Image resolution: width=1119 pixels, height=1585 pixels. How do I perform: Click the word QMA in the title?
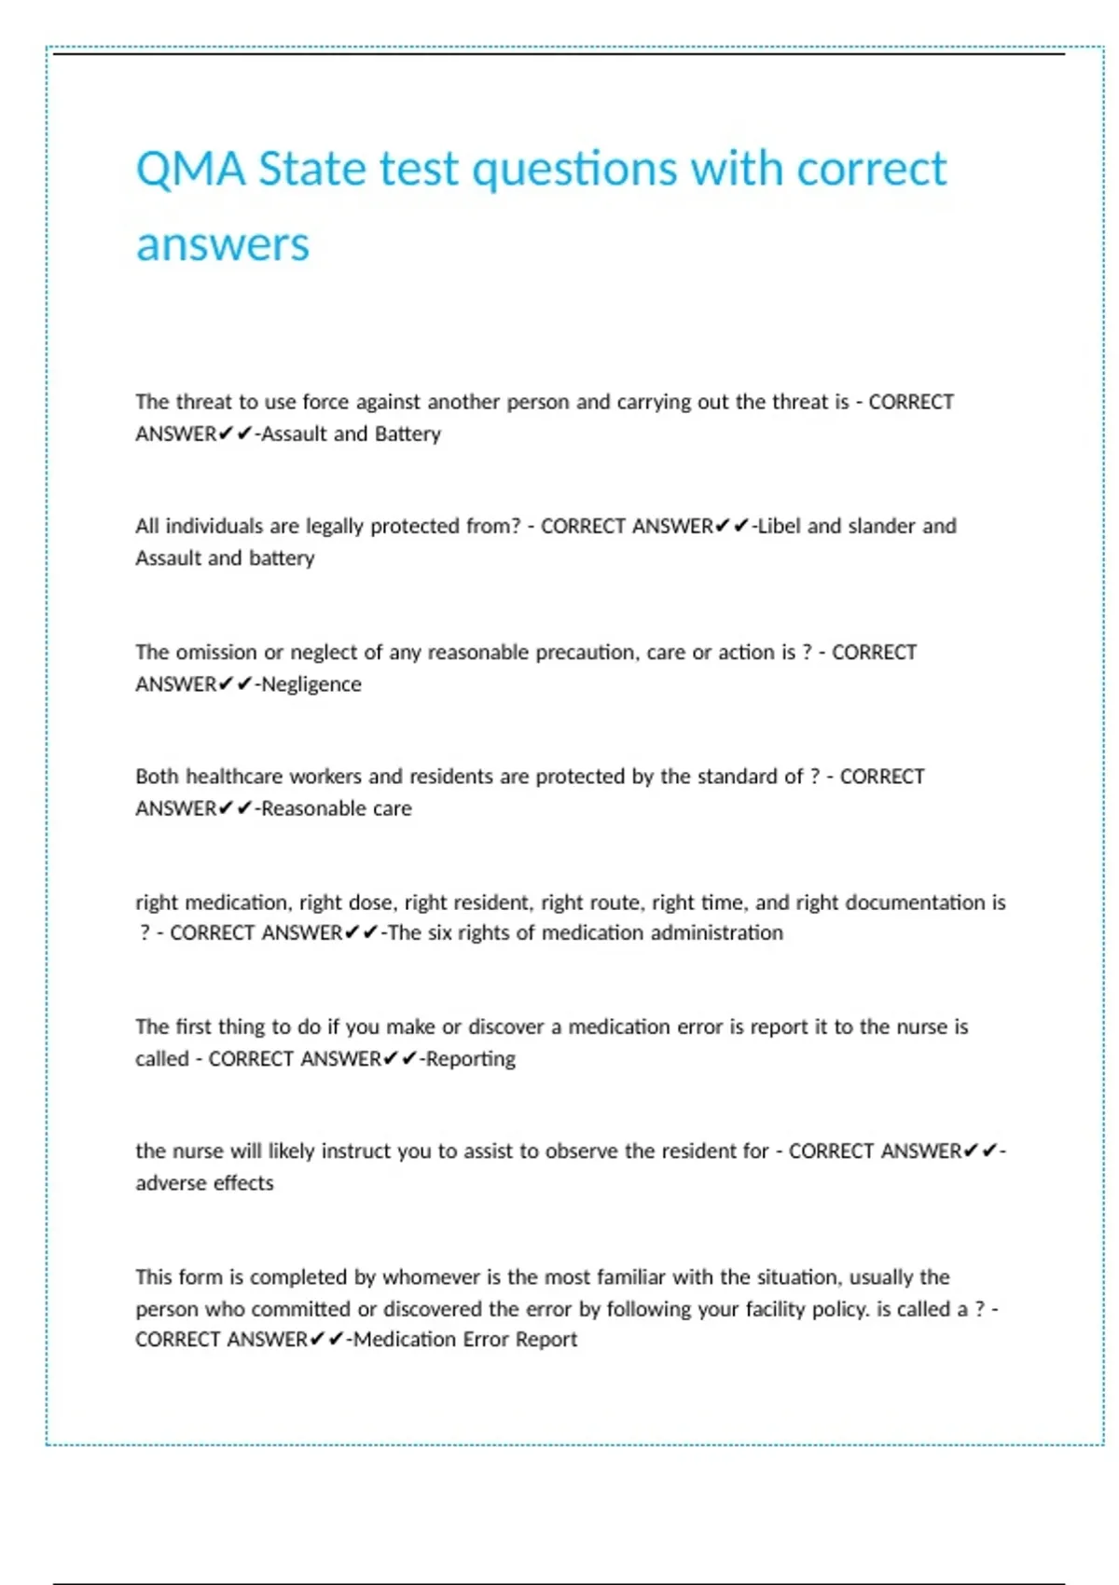(190, 170)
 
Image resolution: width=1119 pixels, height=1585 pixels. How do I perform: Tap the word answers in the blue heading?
(222, 245)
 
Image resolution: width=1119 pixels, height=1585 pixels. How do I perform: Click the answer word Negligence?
(311, 684)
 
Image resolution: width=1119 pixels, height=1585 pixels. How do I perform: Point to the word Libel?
(779, 526)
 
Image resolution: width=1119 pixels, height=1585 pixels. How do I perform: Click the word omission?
(215, 652)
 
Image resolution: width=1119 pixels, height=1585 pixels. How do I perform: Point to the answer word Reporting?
(471, 1059)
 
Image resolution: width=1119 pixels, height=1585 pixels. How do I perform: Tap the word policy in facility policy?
(841, 1309)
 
